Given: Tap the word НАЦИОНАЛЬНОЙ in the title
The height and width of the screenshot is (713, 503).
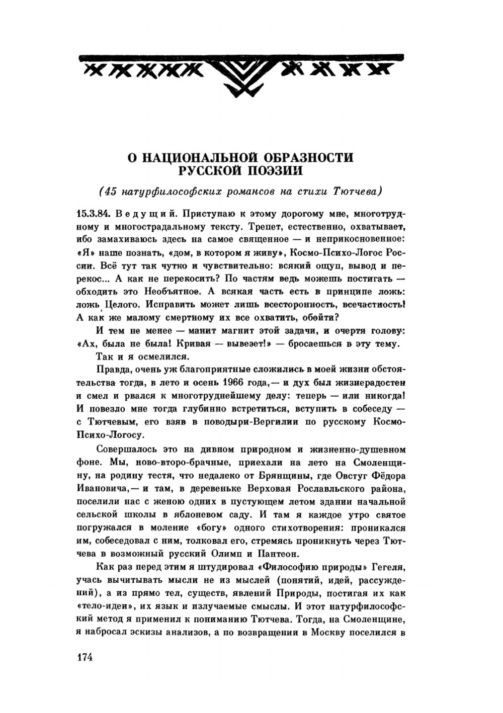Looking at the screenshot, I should click(200, 157).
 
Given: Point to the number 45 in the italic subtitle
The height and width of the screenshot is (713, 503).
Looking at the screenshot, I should click(108, 192).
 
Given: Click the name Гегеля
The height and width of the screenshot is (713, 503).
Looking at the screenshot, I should click(388, 567).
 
